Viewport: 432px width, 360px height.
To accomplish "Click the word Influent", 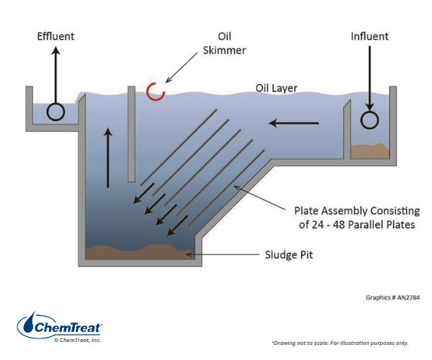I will point(370,36).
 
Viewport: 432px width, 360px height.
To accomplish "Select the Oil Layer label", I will point(276,89).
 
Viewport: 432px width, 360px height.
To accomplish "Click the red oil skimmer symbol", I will point(155,91).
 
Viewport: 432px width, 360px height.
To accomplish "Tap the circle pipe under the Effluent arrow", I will point(55,112).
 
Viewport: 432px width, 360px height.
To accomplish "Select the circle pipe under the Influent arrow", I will point(369,120).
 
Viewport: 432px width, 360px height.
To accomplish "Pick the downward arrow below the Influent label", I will point(369,79).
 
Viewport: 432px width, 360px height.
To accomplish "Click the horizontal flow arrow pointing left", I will point(295,124).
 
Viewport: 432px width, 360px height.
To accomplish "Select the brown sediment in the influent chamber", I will point(369,152).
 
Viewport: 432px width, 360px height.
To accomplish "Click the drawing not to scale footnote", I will point(340,343).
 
